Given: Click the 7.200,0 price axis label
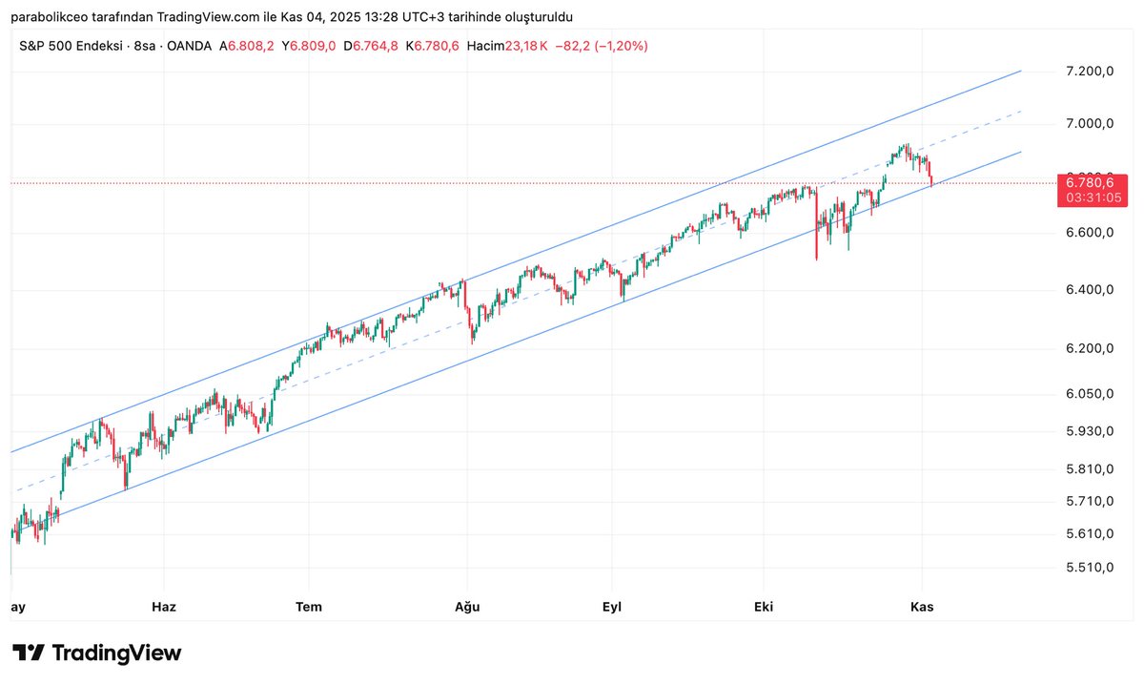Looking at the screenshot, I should click(1089, 73).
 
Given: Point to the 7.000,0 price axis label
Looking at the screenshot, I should click(1089, 124).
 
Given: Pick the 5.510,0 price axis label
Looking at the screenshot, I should click(1089, 568).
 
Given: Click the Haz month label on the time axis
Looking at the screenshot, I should click(164, 606).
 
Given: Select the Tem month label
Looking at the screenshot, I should click(309, 606).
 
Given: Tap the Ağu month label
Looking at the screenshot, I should click(466, 606).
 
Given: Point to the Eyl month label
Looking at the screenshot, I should click(611, 606).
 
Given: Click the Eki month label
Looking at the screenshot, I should click(763, 606).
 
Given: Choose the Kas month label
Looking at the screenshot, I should click(921, 606).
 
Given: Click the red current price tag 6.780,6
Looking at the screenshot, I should click(1093, 182).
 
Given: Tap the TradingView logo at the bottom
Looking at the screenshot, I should click(97, 654).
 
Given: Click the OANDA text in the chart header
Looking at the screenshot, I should click(188, 45).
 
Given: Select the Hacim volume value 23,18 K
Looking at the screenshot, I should click(528, 45).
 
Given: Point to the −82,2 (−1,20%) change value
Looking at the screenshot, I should click(601, 45).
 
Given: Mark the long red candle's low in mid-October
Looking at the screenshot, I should click(816, 259).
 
